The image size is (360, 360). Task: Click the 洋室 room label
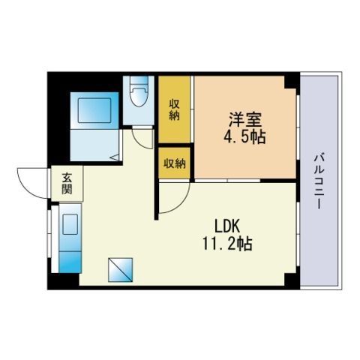[245, 120]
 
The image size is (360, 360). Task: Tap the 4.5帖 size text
[244, 137]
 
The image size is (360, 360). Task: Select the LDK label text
[227, 226]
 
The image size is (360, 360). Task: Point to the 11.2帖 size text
[227, 244]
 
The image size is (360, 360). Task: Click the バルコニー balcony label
[319, 181]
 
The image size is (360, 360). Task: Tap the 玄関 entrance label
[67, 184]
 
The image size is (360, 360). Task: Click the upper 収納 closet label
[174, 110]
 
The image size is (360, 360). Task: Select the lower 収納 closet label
[175, 163]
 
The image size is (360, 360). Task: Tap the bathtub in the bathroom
[94, 110]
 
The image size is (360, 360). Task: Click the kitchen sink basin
[70, 224]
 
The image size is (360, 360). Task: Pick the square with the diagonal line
[120, 270]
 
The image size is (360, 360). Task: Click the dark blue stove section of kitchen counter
[70, 262]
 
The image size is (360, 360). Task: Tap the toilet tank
[138, 80]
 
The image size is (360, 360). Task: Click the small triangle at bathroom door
[115, 157]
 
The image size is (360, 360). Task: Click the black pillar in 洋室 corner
[291, 82]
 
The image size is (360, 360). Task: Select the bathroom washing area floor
[94, 145]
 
